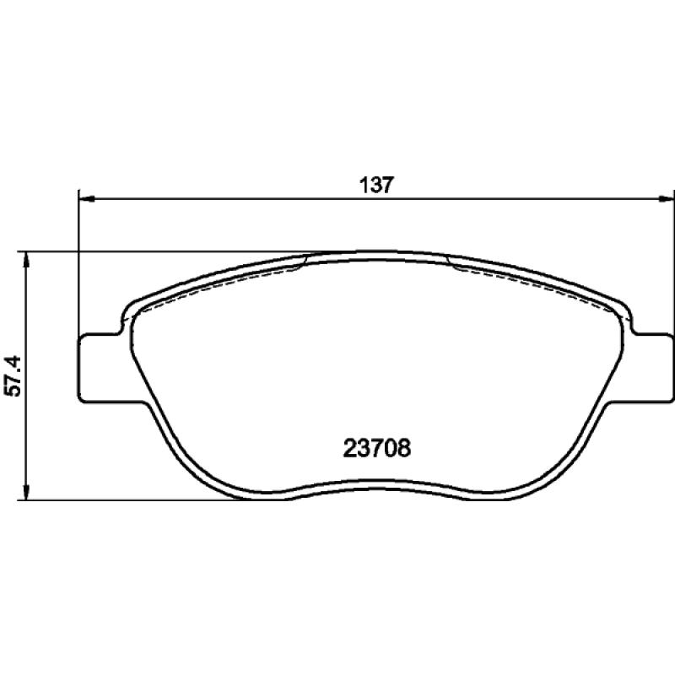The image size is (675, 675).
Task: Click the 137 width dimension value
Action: point(376,186)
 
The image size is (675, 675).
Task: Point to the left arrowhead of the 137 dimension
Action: point(88,198)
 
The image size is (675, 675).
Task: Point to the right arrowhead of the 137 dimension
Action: point(666,198)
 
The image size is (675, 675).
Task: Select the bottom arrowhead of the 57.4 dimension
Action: point(26,493)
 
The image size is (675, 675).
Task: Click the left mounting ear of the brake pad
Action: point(102,368)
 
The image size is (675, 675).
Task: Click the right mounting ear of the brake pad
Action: point(649,368)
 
